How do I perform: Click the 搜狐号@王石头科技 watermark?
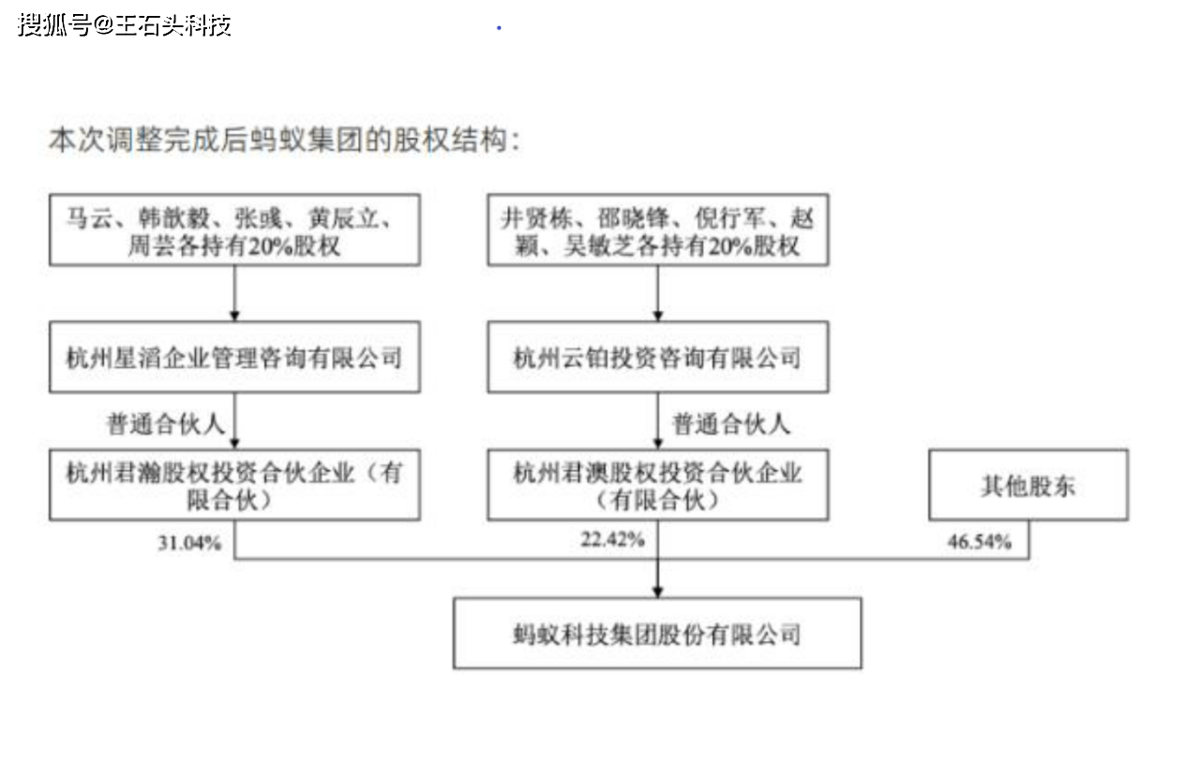pyautogui.click(x=125, y=25)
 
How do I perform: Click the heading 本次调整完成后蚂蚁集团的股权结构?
pyautogui.click(x=285, y=141)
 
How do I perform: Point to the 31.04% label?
pyautogui.click(x=189, y=543)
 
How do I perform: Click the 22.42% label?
pyautogui.click(x=612, y=540)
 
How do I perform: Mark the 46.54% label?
pyautogui.click(x=979, y=542)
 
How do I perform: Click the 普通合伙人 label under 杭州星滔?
pyautogui.click(x=166, y=424)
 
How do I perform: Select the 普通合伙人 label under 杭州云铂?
pyautogui.click(x=731, y=424)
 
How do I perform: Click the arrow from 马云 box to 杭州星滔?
pyautogui.click(x=235, y=293)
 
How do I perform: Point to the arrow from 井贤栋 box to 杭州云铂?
pyautogui.click(x=658, y=293)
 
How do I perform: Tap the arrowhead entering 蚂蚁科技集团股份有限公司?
pyautogui.click(x=657, y=592)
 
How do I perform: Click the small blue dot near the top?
pyautogui.click(x=499, y=27)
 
